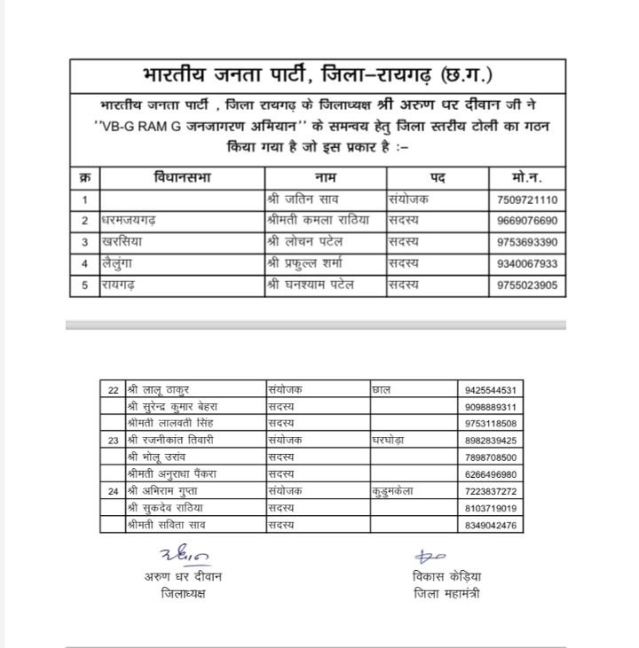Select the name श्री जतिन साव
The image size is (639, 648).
pyautogui.click(x=302, y=200)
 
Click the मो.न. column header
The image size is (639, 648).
pyautogui.click(x=527, y=178)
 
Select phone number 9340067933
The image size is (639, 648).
pyautogui.click(x=527, y=263)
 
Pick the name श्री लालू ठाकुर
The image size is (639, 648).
pyautogui.click(x=159, y=389)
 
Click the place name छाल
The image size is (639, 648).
pyautogui.click(x=383, y=389)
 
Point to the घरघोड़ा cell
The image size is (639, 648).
pyautogui.click(x=392, y=440)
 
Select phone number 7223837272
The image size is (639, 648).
pyautogui.click(x=492, y=491)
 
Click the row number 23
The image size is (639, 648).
pyautogui.click(x=113, y=440)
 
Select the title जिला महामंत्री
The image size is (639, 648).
pyautogui.click(x=446, y=593)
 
